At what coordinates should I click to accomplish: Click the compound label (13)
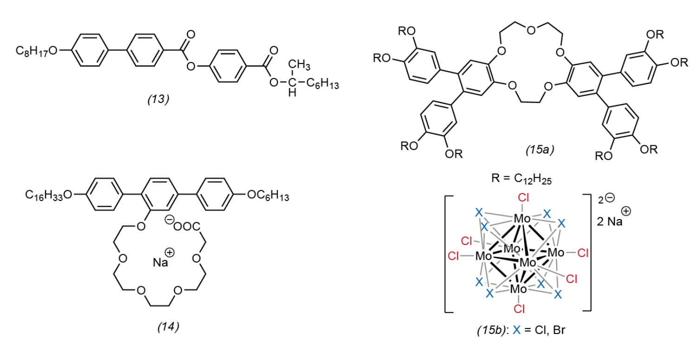pos(159,99)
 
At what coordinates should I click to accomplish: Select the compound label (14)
pos(168,327)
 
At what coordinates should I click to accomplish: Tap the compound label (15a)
pos(540,150)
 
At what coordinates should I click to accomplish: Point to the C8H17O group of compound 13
pos(37,51)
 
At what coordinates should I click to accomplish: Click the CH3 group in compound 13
pos(299,65)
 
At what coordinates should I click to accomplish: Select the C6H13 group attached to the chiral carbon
pos(323,84)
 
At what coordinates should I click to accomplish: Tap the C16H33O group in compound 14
pos(49,195)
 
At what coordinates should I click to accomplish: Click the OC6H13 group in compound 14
pos(268,195)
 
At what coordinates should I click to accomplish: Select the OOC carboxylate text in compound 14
pos(187,226)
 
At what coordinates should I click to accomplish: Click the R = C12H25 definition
pos(521,179)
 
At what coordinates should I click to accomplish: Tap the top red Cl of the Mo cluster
pos(523,198)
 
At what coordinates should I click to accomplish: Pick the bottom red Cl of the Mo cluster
pos(519,309)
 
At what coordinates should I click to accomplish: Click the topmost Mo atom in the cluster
pos(522,219)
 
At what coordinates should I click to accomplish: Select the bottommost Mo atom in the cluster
pos(518,289)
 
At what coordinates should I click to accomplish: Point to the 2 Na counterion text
pos(609,221)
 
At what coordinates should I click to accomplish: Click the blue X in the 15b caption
pos(517,330)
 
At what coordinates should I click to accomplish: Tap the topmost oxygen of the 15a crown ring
pos(531,30)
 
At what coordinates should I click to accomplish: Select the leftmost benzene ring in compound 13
pos(90,50)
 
